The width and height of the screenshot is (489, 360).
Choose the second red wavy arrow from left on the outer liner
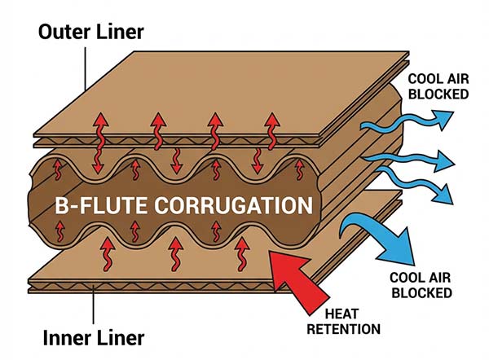click(157, 138)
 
